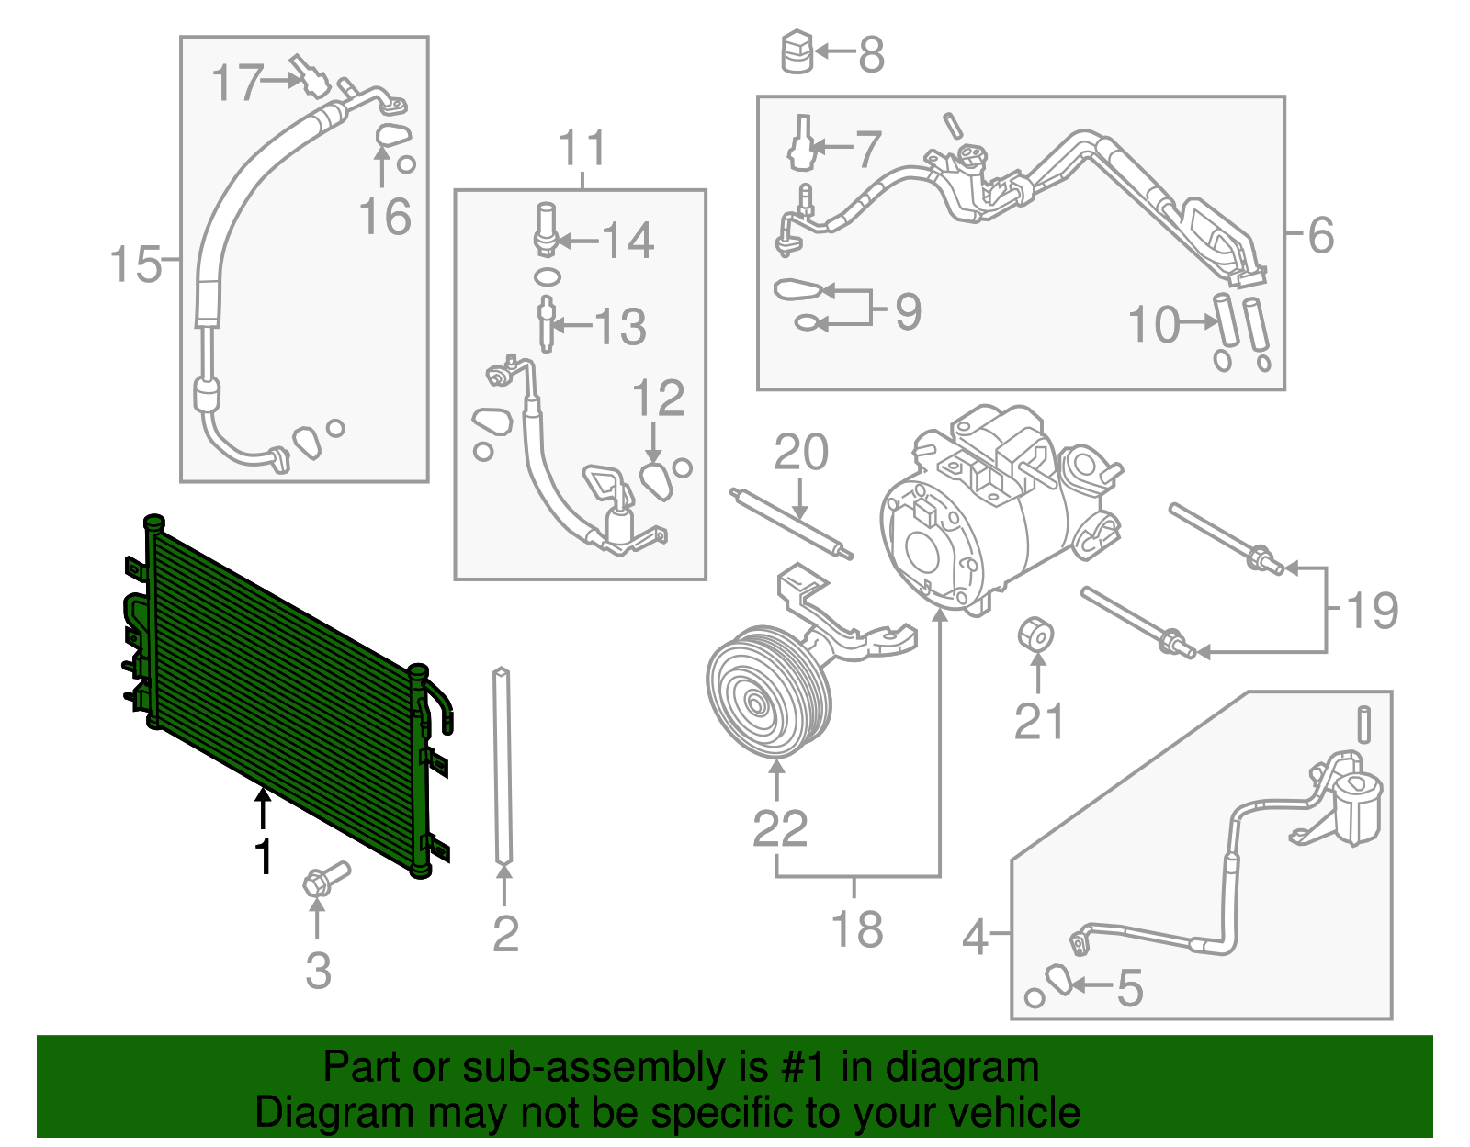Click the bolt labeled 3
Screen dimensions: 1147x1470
click(324, 880)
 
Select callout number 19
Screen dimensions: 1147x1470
click(1372, 610)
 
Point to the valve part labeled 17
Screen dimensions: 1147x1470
click(310, 76)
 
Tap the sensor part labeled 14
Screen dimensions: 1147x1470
click(546, 230)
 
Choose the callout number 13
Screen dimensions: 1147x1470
click(620, 326)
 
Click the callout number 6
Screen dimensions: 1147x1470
click(1320, 235)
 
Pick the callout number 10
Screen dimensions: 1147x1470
click(1153, 324)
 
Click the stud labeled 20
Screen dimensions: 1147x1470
click(791, 524)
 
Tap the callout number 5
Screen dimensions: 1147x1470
click(1130, 988)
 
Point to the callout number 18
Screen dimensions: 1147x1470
click(856, 928)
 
